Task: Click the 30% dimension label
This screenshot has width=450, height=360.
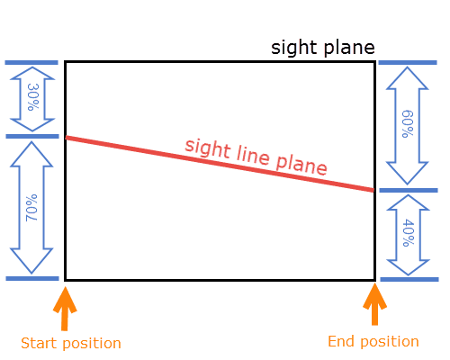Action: [x=32, y=97]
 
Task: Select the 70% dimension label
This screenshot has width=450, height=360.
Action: [x=31, y=208]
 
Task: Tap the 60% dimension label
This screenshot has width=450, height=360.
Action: [x=408, y=124]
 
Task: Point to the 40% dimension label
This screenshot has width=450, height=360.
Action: [x=408, y=233]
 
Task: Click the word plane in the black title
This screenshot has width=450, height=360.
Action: [x=349, y=48]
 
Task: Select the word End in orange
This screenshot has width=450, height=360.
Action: [x=341, y=341]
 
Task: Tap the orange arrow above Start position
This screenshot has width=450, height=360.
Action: [x=65, y=309]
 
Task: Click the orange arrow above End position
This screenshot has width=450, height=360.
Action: [x=374, y=304]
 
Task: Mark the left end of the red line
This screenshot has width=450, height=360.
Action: [x=67, y=138]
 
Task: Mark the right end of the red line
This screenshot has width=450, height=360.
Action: [x=373, y=190]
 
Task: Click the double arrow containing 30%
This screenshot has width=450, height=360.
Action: [x=32, y=99]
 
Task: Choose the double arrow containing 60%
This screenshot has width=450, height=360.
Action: [x=407, y=125]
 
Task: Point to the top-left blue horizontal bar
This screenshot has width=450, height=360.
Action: [x=31, y=62]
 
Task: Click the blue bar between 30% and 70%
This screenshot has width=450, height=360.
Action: [x=32, y=137]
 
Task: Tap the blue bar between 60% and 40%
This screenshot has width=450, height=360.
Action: [x=409, y=190]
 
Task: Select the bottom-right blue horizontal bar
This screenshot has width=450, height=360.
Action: [x=409, y=279]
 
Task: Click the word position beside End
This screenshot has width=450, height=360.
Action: [x=390, y=342]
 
